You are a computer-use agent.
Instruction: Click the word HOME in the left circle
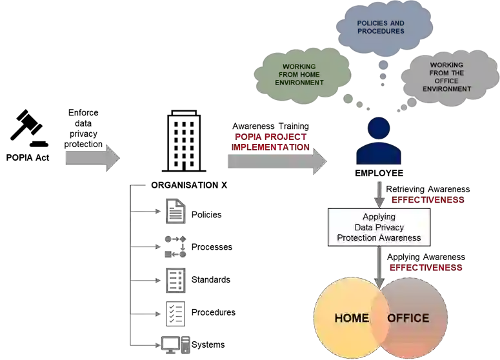(351, 318)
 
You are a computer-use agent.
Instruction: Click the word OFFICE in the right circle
(408, 318)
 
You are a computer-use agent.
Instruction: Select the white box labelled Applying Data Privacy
(379, 227)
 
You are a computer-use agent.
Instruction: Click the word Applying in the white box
(379, 217)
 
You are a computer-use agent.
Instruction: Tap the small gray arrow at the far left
(91, 157)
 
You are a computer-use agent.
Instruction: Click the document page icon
(175, 210)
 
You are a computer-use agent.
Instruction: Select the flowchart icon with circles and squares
(175, 245)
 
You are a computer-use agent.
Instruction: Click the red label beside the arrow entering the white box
(428, 201)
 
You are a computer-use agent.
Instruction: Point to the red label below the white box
(425, 267)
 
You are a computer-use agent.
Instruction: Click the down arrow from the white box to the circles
(379, 268)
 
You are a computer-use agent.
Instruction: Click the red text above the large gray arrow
(270, 142)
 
